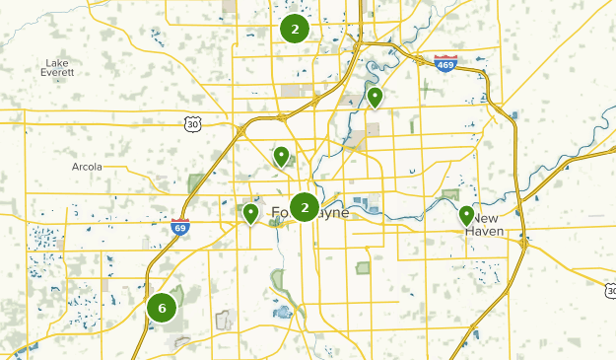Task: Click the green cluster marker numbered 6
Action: pos(162,308)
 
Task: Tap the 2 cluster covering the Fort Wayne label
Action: pos(305,207)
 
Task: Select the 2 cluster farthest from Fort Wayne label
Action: pos(294,29)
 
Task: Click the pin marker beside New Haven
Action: pos(466,215)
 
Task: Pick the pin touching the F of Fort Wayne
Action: pos(251,212)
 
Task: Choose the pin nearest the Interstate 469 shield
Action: pos(376,97)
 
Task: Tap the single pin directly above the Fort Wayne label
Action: pos(282,156)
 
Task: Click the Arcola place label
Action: pos(87,167)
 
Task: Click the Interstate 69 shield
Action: pos(179,227)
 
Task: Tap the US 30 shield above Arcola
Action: pos(192,123)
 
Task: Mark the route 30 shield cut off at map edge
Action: pos(610,290)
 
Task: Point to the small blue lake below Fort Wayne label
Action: pos(284,314)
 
